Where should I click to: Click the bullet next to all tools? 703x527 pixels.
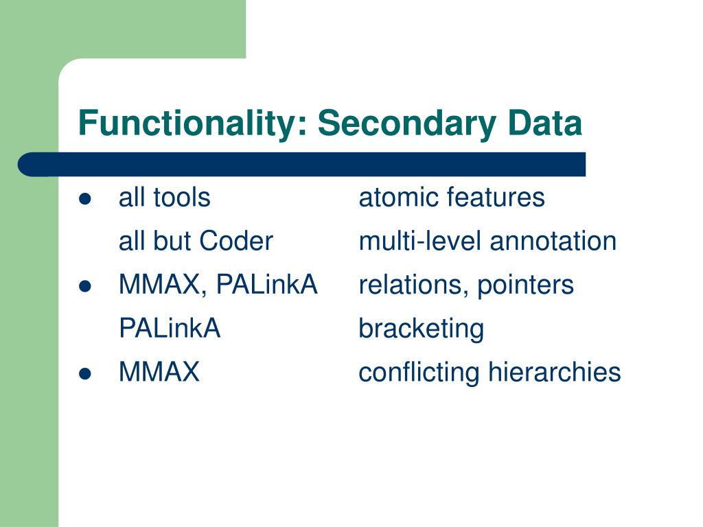pyautogui.click(x=85, y=199)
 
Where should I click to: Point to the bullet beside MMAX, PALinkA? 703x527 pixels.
pyautogui.click(x=85, y=286)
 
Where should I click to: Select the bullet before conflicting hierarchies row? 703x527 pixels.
pyautogui.click(x=85, y=374)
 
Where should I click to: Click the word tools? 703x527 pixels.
pyautogui.click(x=181, y=198)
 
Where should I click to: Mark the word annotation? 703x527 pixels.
pyautogui.click(x=553, y=242)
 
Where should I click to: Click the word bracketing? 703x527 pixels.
pyautogui.click(x=421, y=329)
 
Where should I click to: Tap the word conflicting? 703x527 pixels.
pyautogui.click(x=420, y=373)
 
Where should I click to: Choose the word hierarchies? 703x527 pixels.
pyautogui.click(x=555, y=373)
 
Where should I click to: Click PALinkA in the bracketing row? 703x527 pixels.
pyautogui.click(x=170, y=329)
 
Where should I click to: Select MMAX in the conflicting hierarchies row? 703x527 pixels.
pyautogui.click(x=159, y=373)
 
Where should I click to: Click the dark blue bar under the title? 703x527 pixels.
pyautogui.click(x=302, y=165)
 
